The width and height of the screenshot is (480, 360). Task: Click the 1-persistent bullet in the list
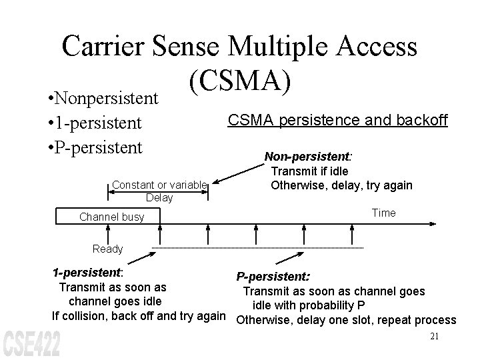tap(90, 123)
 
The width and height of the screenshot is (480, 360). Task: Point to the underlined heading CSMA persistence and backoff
tap(338, 120)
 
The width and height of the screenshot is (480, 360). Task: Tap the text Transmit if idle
tap(309, 172)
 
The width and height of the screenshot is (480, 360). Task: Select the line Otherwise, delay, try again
tap(341, 185)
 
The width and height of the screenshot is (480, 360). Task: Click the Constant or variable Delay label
tap(159, 191)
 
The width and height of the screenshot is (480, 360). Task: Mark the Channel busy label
tap(111, 217)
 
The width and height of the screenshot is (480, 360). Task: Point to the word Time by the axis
tap(383, 213)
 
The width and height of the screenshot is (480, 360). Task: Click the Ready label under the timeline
tap(108, 249)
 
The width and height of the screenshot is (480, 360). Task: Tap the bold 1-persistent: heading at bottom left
tap(87, 273)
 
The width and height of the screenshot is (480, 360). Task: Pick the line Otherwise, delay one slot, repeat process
tap(347, 319)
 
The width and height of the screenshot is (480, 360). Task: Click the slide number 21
tap(434, 337)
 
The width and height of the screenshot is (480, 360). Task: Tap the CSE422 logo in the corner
tap(31, 343)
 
